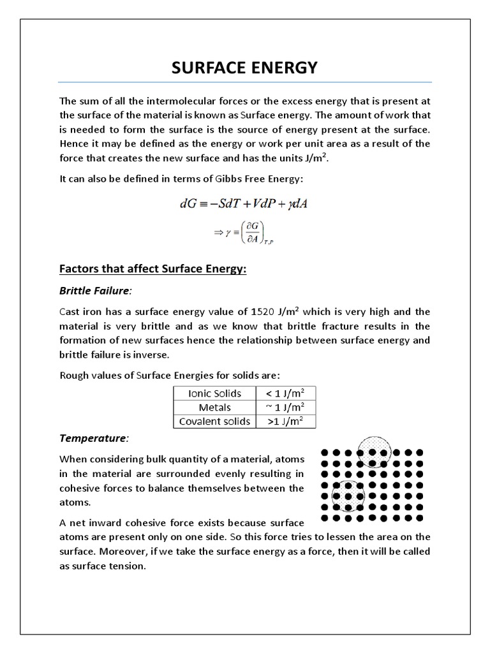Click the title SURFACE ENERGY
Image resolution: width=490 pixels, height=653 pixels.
point(244,68)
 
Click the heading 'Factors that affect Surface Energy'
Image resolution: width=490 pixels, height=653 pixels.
point(152,270)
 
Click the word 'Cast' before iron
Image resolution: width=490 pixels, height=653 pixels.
point(70,312)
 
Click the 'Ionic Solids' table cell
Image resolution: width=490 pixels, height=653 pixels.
point(214,393)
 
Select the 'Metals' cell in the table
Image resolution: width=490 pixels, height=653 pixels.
point(214,407)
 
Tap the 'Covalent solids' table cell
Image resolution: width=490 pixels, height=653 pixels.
point(214,422)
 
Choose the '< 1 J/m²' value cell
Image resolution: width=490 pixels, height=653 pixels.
point(285,393)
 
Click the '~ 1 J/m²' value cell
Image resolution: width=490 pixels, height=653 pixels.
point(285,407)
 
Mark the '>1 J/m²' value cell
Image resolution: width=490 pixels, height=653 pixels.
point(285,422)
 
